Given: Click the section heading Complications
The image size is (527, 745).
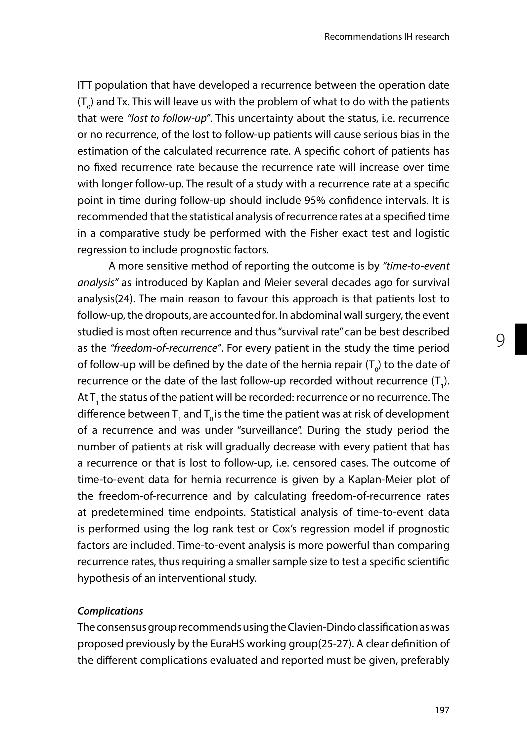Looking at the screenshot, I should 110,611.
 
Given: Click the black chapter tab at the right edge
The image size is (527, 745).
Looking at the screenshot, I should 521,339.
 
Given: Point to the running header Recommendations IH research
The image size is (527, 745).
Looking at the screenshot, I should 387,36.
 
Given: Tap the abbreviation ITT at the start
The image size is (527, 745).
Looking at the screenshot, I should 85,85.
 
